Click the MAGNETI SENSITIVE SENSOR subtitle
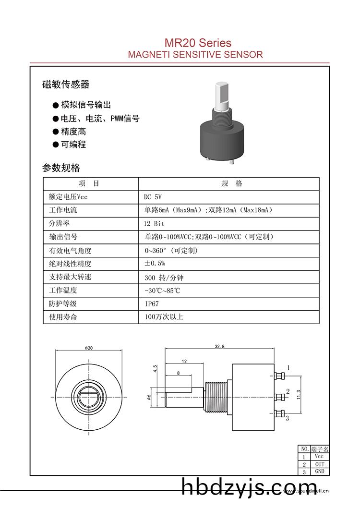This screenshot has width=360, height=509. [195, 54]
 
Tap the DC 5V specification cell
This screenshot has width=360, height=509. [153, 197]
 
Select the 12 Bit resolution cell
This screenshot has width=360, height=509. [154, 224]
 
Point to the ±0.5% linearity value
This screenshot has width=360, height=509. [155, 264]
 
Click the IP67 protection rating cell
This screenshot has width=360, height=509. [152, 303]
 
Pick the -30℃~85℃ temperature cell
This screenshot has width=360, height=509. [162, 291]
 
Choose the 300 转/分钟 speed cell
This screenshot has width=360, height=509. [164, 278]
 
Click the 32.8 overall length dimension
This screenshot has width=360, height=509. [219, 346]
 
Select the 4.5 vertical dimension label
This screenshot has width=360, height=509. [155, 369]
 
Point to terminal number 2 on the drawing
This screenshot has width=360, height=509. [288, 391]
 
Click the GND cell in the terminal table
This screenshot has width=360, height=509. [320, 472]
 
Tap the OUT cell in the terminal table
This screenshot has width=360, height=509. [320, 464]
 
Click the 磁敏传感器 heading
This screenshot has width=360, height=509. [66, 85]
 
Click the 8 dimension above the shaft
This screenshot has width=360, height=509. [178, 373]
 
